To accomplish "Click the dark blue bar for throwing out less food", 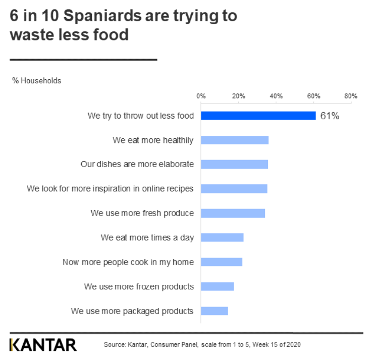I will (258, 116).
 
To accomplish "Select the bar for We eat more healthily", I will (235, 140).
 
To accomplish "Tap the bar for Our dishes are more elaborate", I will (234, 164).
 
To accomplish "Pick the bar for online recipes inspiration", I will (234, 188).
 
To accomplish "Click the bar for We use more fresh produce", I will (233, 213).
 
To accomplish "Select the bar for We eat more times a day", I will (222, 237).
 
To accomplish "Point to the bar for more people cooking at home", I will (222, 262).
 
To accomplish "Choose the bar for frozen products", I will (217, 286).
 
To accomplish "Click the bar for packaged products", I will (214, 311).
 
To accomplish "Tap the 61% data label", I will (330, 116).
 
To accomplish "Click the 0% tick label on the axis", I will (201, 96).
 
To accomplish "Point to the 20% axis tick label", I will (238, 96).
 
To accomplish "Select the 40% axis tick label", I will (276, 96).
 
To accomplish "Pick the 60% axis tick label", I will (313, 96).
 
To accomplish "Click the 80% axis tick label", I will (351, 96).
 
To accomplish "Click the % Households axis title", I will (37, 81).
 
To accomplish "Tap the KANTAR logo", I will (43, 345).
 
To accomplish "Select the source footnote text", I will (202, 345).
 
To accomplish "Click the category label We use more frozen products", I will (139, 287).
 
